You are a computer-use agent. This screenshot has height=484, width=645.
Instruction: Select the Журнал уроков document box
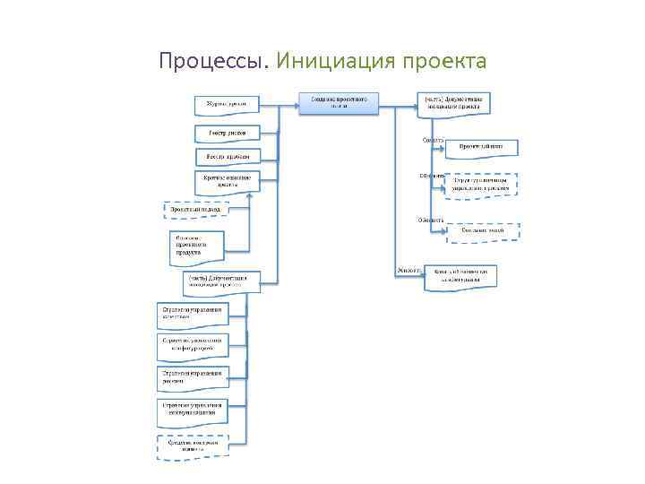point(228,105)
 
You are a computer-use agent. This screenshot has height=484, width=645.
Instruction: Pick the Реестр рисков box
point(228,133)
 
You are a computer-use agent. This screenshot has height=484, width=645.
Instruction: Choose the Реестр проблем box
point(228,156)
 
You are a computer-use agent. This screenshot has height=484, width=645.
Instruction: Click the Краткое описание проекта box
point(228,181)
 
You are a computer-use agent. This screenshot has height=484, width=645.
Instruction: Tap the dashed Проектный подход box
point(196,211)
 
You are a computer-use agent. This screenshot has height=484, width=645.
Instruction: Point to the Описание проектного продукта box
point(197,245)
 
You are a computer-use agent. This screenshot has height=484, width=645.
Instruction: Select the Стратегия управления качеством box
point(190,313)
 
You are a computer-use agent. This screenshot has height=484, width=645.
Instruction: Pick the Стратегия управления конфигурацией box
point(190,343)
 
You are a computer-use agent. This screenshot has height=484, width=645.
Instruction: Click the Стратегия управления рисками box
point(190,375)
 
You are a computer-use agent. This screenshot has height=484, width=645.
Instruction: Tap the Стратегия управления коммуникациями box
point(190,409)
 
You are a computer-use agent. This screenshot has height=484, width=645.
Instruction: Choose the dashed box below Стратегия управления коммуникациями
point(190,445)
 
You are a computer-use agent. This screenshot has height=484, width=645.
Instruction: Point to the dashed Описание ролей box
point(482,231)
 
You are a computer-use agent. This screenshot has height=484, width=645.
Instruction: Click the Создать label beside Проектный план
point(433,139)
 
